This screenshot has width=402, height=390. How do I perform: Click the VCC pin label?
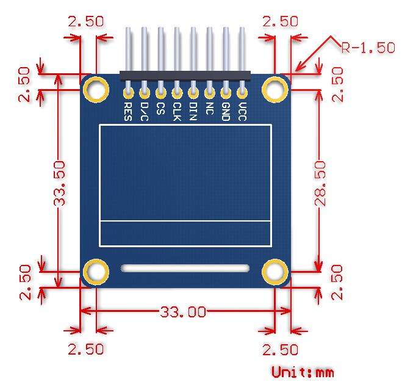pyautogui.click(x=242, y=112)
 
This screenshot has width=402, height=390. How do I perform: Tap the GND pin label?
pyautogui.click(x=226, y=112)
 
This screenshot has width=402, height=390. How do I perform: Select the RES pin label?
pyautogui.click(x=128, y=112)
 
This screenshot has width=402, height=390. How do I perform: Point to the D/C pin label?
pyautogui.click(x=145, y=112)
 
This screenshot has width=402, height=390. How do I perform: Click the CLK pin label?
pyautogui.click(x=177, y=112)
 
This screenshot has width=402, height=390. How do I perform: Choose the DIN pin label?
pyautogui.click(x=193, y=112)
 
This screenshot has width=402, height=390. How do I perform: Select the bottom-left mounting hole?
pyautogui.click(x=96, y=272)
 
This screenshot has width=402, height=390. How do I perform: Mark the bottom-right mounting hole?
pyautogui.click(x=276, y=272)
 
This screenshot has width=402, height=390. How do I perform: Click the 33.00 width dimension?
pyautogui.click(x=182, y=312)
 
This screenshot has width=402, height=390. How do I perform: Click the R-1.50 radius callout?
pyautogui.click(x=368, y=48)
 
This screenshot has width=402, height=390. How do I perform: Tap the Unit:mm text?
pyautogui.click(x=303, y=372)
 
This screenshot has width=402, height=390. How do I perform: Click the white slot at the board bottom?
pyautogui.click(x=185, y=268)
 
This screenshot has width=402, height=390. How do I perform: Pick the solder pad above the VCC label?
pyautogui.click(x=242, y=93)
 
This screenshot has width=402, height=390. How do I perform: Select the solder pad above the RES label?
pyautogui.click(x=128, y=93)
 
